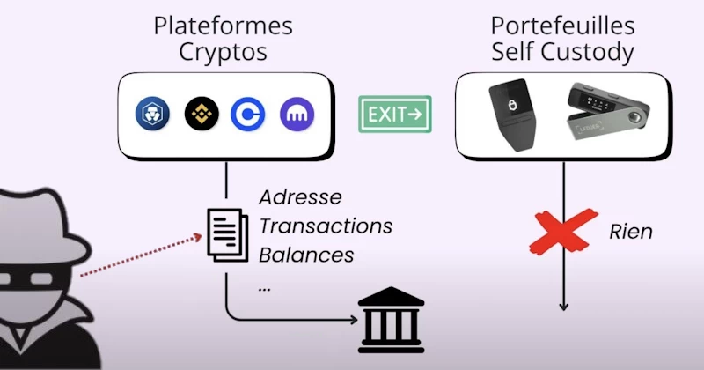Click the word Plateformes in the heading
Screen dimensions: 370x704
(x=223, y=25)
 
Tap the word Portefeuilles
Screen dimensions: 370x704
(x=563, y=25)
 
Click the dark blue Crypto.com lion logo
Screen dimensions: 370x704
(x=150, y=114)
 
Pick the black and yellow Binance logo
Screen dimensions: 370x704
(x=200, y=114)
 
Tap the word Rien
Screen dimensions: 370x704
(x=631, y=232)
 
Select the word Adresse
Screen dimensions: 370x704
(x=300, y=196)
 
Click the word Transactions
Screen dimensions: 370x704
(x=325, y=226)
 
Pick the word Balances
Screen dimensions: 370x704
(x=306, y=255)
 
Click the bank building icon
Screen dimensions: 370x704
(x=391, y=319)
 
